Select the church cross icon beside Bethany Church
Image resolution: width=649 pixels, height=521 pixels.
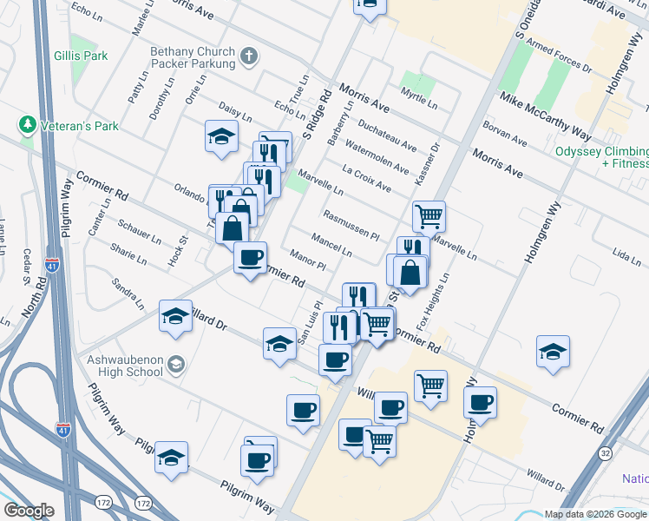click(x=249, y=58)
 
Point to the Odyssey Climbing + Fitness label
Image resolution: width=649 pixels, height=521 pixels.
click(x=602, y=156)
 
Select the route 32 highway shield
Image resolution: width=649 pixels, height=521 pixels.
click(x=605, y=453)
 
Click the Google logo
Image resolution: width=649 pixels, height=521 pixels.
click(x=29, y=511)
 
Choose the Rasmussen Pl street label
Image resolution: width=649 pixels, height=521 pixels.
click(x=351, y=224)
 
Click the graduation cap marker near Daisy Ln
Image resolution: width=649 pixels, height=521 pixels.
click(x=221, y=137)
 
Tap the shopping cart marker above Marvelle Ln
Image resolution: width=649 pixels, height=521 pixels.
click(x=429, y=217)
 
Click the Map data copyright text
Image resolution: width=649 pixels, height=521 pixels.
click(x=595, y=513)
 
